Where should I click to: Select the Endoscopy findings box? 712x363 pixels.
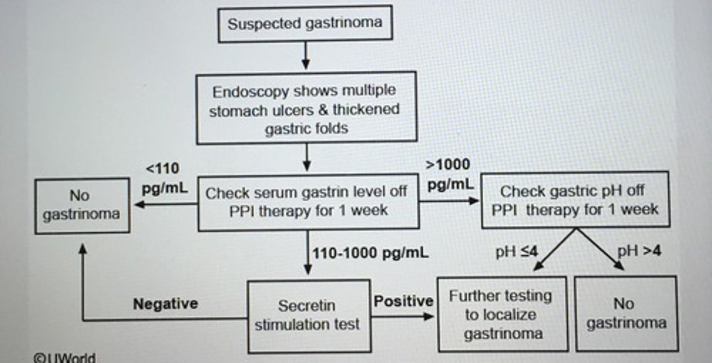click(x=306, y=109)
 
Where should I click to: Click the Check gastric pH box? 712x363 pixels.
click(x=575, y=200)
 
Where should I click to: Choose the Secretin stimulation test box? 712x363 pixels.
click(x=309, y=316)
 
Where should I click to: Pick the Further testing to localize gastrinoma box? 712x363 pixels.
click(x=502, y=314)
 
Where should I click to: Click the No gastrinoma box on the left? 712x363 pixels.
click(x=82, y=205)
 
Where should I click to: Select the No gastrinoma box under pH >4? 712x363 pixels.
click(x=626, y=313)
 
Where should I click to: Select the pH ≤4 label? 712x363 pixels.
click(x=517, y=252)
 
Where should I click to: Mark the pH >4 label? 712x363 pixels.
click(x=639, y=251)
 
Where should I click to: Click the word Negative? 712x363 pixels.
click(x=165, y=303)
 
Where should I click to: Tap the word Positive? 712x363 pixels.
click(x=403, y=301)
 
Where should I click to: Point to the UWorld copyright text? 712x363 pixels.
click(x=64, y=358)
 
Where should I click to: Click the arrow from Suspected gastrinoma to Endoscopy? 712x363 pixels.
click(x=306, y=56)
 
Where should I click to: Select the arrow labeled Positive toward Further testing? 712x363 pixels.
click(x=403, y=316)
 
